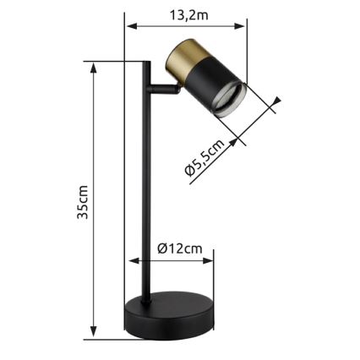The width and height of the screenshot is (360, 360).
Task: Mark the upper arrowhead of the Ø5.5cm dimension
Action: point(276,106)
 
